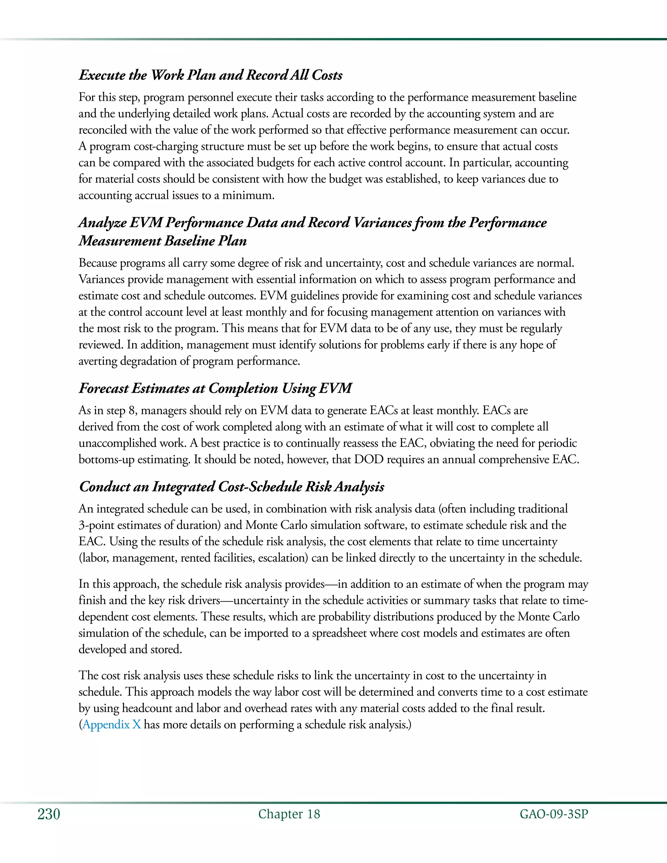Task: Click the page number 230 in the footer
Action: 49,814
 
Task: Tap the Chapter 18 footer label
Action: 289,814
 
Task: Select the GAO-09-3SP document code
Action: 554,814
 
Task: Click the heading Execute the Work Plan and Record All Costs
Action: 210,75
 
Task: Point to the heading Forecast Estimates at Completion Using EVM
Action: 215,388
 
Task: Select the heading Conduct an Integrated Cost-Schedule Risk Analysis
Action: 231,487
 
